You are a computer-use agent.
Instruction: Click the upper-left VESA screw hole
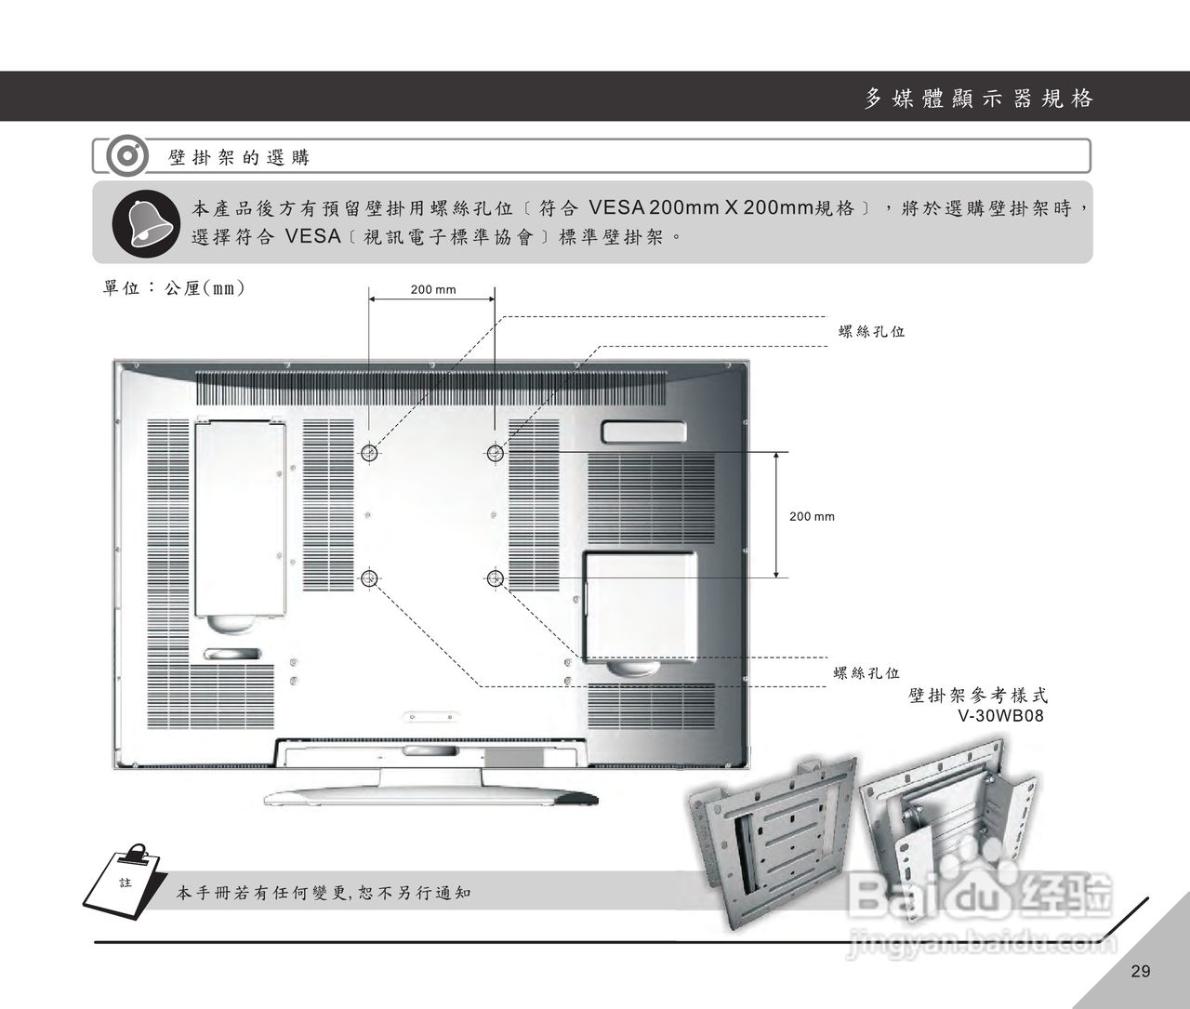pyautogui.click(x=369, y=453)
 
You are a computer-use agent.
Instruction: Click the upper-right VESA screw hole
pyautogui.click(x=495, y=453)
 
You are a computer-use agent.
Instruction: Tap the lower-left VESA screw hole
pyautogui.click(x=369, y=578)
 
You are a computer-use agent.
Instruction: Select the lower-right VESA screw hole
pyautogui.click(x=495, y=578)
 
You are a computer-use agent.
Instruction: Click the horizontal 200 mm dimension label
pyautogui.click(x=433, y=289)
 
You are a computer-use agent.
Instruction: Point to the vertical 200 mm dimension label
pyautogui.click(x=812, y=516)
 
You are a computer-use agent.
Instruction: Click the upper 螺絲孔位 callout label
pyautogui.click(x=871, y=331)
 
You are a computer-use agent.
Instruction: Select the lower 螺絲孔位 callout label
pyautogui.click(x=866, y=673)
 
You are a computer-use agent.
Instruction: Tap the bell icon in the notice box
pyautogui.click(x=145, y=223)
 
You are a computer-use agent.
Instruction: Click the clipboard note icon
pyautogui.click(x=125, y=879)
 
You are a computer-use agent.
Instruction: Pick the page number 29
pyautogui.click(x=1141, y=972)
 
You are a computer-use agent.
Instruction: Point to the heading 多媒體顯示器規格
pyautogui.click(x=978, y=99)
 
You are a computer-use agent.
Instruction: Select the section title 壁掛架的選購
pyautogui.click(x=239, y=157)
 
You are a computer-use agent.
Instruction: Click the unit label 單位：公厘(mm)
pyautogui.click(x=174, y=288)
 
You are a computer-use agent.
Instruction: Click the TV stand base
pyautogui.click(x=431, y=796)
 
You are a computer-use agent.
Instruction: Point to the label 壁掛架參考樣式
pyautogui.click(x=978, y=696)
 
